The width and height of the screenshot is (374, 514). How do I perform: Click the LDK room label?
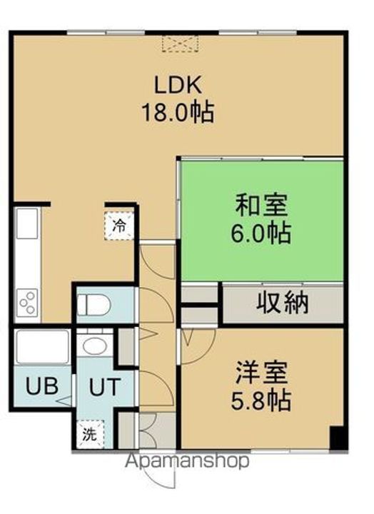pos(178,85)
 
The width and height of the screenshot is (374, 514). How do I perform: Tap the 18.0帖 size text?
pos(178,112)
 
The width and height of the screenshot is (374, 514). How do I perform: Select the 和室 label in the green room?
pos(261,206)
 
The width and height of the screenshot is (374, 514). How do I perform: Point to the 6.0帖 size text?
pos(261,233)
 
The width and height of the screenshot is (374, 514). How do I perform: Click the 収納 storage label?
pos(282,302)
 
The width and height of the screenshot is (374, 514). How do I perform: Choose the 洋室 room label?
pos(261,373)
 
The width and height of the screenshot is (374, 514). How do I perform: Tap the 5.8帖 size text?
pos(261,400)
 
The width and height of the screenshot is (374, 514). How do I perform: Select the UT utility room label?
pos(104,387)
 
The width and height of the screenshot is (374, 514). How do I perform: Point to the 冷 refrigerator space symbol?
pos(119,226)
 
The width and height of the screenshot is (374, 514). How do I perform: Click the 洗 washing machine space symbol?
pos(90,434)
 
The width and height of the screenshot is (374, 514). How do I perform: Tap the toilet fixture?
pos(94,305)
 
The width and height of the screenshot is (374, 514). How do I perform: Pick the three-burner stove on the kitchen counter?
pos(27,302)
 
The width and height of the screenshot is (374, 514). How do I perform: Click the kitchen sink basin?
pos(27,223)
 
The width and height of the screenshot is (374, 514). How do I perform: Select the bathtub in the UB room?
pos(43,347)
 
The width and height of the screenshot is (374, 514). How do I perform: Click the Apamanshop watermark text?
pos(187,461)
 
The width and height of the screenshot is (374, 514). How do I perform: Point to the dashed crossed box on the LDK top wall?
pos(180,44)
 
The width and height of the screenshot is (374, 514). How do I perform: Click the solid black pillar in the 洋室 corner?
pos(338,438)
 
